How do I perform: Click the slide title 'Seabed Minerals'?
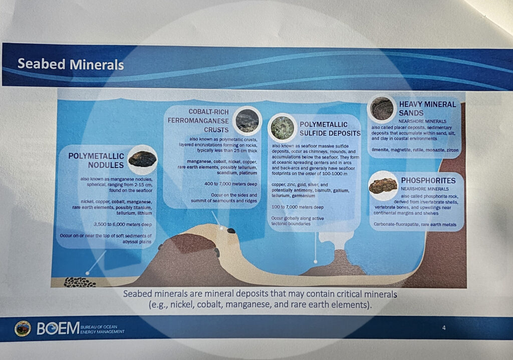(x=71, y=64)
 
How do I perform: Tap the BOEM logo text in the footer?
(x=58, y=328)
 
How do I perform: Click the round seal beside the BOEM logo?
(x=23, y=328)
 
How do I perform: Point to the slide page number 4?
(x=444, y=327)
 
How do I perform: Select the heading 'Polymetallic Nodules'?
(x=96, y=160)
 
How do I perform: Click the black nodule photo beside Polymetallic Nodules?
(x=142, y=159)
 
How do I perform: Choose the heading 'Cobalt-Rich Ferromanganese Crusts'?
(x=198, y=120)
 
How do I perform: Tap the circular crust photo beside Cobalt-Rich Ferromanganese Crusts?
(x=247, y=120)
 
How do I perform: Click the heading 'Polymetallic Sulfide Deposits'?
(x=330, y=129)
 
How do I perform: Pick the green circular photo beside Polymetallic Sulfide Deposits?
(x=283, y=127)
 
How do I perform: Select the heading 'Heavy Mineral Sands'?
(x=427, y=108)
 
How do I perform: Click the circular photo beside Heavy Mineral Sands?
(x=382, y=108)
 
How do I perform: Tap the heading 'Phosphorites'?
(x=428, y=181)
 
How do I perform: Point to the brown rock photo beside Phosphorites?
(x=383, y=186)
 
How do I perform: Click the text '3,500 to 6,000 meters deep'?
(x=123, y=225)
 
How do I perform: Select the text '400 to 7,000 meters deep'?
(x=230, y=184)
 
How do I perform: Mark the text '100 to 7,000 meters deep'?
(x=298, y=207)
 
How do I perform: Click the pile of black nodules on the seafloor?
(x=80, y=282)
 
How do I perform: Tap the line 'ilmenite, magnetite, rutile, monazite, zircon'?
(x=415, y=150)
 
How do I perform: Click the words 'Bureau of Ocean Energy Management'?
(x=102, y=329)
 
